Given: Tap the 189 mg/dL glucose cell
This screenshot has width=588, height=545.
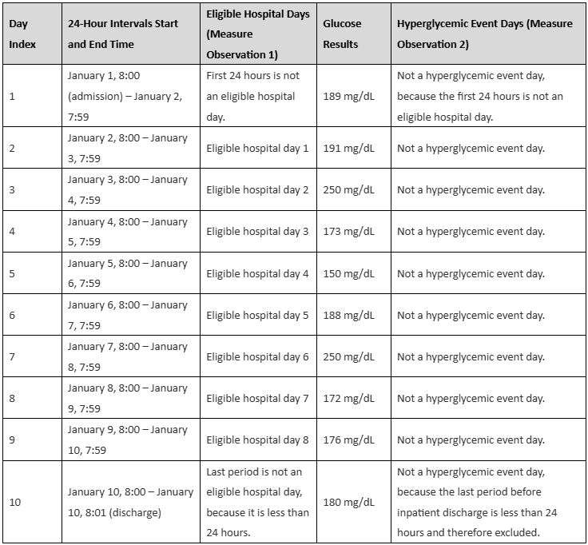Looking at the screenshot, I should [x=348, y=96].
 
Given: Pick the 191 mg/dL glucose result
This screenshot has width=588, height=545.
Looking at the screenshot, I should [x=348, y=148].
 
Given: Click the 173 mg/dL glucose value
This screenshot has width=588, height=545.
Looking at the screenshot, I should [x=348, y=232].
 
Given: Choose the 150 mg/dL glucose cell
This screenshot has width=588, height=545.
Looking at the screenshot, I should [x=348, y=273].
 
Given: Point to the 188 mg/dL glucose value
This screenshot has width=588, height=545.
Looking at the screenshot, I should [x=348, y=315].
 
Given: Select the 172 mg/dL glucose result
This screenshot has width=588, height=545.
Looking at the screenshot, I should [x=348, y=398].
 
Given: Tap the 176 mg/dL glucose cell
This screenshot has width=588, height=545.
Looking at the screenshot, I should [x=348, y=440].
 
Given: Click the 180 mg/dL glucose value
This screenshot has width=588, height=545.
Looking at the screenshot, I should [x=348, y=502].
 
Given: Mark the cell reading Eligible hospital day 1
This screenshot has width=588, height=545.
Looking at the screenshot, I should [x=257, y=148].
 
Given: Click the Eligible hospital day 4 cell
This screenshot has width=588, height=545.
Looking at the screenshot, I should [x=257, y=273].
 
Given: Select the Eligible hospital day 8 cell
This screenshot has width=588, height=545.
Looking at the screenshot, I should [x=257, y=440].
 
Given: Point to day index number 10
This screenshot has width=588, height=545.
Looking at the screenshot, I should [x=15, y=502].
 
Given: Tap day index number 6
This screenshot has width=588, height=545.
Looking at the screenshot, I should [x=12, y=315].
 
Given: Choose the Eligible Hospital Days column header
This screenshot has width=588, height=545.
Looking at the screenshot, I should [x=256, y=34].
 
